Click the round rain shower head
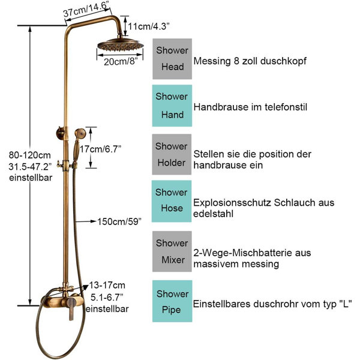[121, 45]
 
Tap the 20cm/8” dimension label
[121, 62]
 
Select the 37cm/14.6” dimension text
[86, 9]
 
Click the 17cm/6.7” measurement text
[100, 149]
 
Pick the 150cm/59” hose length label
[119, 222]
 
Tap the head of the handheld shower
[80, 133]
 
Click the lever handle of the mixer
[71, 309]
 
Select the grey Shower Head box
[172, 59]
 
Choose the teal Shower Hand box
[172, 106]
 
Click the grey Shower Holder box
[172, 155]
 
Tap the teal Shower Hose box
[172, 201]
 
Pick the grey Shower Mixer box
[172, 251]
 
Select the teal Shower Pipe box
[172, 301]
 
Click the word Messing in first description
[212, 61]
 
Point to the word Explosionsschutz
[232, 203]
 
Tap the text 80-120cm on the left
[30, 155]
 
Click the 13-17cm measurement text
[107, 286]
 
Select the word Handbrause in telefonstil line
[221, 107]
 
